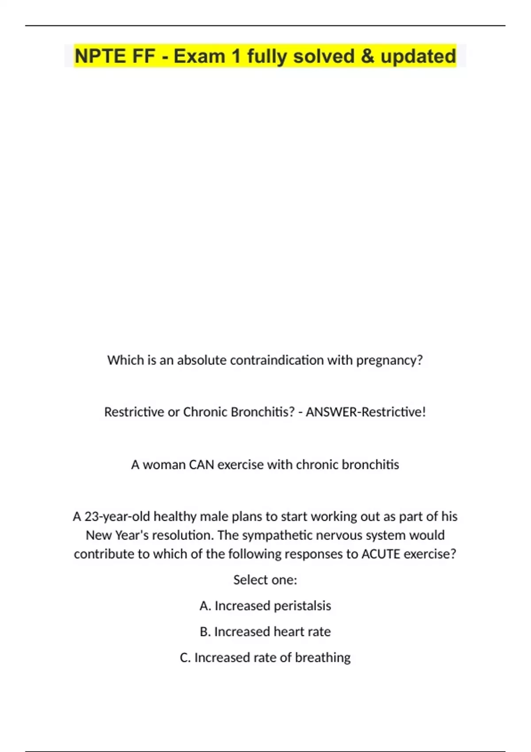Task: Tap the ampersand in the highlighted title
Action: (367, 56)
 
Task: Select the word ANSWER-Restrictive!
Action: (366, 412)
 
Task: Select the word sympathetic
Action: (276, 535)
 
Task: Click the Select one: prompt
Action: (265, 580)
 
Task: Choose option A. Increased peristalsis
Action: (265, 606)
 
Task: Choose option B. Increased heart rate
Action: (265, 632)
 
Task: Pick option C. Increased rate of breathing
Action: (265, 658)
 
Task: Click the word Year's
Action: (131, 535)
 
